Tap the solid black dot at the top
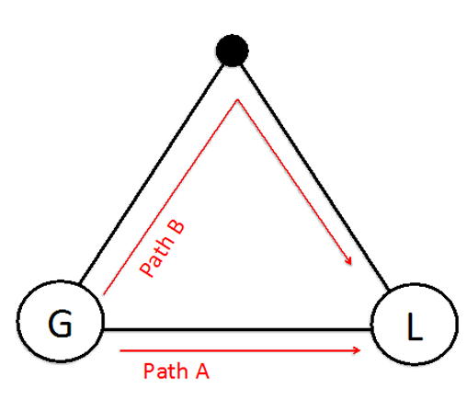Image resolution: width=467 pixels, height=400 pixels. click(233, 51)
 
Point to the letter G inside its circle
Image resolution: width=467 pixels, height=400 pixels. click(60, 324)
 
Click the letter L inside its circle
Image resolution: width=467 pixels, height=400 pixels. click(415, 326)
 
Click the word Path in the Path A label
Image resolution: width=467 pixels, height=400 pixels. click(165, 371)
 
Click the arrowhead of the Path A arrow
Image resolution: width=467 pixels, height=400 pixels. click(358, 350)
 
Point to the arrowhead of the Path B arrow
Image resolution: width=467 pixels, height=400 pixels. click(348, 260)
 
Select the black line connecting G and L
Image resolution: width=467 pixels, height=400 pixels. click(237, 329)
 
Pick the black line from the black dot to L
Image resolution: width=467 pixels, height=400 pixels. click(314, 177)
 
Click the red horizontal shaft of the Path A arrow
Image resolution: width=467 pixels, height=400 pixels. click(239, 350)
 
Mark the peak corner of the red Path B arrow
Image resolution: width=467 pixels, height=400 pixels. click(237, 99)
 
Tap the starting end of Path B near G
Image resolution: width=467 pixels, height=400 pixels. click(104, 294)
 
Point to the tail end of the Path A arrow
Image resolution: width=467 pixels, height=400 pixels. click(120, 350)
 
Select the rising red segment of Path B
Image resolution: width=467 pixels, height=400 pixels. click(171, 197)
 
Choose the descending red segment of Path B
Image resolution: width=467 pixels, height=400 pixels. click(294, 181)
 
